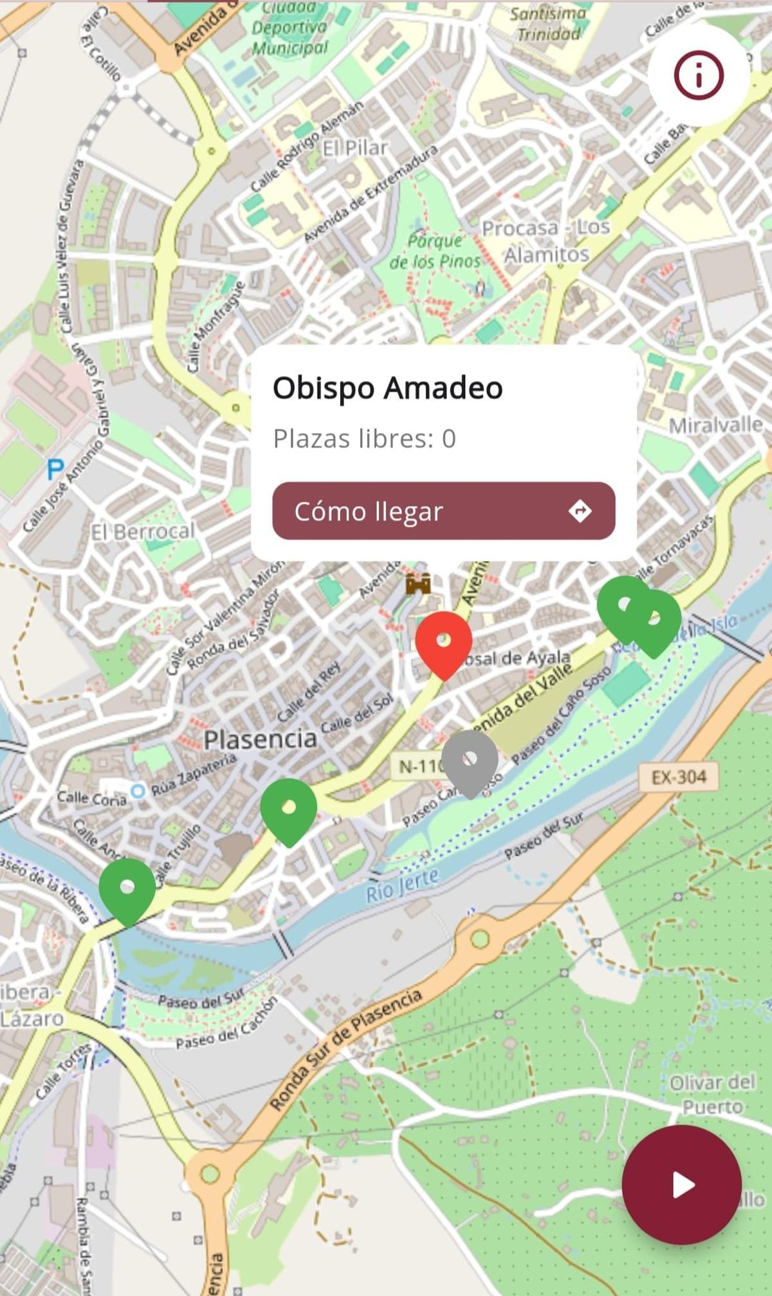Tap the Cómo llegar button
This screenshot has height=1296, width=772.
(x=443, y=511)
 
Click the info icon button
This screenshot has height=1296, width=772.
(x=699, y=75)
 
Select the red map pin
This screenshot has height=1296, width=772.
(x=443, y=644)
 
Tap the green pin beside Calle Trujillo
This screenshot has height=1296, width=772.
(x=127, y=891)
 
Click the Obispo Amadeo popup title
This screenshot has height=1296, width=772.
(x=387, y=388)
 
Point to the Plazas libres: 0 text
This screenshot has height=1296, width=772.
(x=364, y=439)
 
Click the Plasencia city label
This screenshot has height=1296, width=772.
(x=260, y=739)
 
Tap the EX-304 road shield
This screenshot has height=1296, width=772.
(x=679, y=777)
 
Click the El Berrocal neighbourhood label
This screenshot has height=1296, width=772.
(x=142, y=532)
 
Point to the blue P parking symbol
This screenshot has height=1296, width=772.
(x=56, y=469)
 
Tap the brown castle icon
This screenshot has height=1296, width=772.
(x=418, y=584)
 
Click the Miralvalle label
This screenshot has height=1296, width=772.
(x=715, y=425)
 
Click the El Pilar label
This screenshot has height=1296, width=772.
(x=355, y=148)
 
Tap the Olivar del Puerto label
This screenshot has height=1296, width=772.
(x=712, y=1094)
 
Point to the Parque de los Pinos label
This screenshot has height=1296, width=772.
(x=436, y=250)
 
